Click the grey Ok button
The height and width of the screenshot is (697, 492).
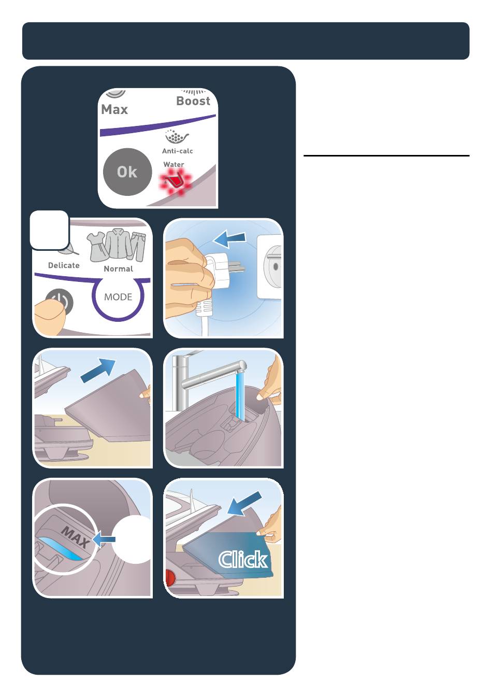click(x=127, y=172)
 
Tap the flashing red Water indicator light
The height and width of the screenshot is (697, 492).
click(x=176, y=181)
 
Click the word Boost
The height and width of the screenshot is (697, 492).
click(x=193, y=101)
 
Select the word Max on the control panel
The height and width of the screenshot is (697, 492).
click(x=114, y=109)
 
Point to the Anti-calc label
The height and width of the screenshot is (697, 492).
click(x=177, y=151)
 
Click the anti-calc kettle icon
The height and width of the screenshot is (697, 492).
click(x=177, y=137)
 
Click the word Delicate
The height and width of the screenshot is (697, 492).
click(x=64, y=265)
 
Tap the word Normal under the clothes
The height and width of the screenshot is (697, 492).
click(x=118, y=269)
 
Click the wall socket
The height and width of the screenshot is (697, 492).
click(x=270, y=267)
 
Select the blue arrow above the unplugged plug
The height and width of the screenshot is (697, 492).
click(x=229, y=239)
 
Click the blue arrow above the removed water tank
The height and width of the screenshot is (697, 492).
click(x=98, y=370)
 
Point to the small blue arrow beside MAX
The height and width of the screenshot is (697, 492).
click(x=104, y=539)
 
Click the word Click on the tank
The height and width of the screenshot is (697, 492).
click(x=243, y=560)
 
